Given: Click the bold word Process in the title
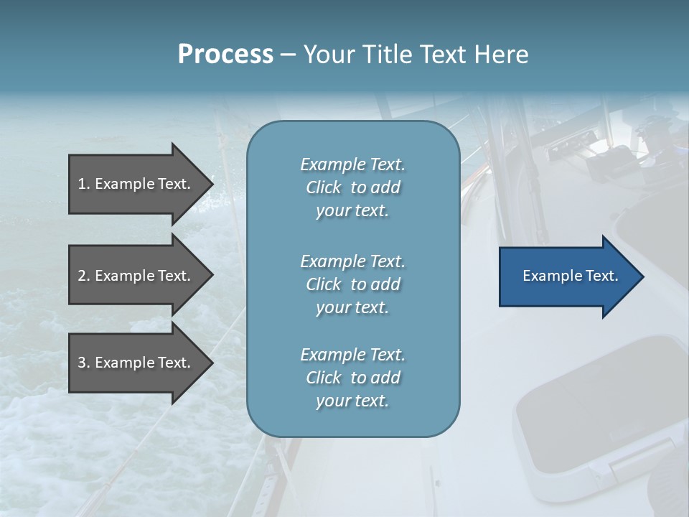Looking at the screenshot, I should (x=225, y=55).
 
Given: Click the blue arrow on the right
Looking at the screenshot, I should (x=567, y=276).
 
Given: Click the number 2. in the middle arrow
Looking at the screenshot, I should (x=84, y=276).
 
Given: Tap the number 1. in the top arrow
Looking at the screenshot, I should (x=84, y=184).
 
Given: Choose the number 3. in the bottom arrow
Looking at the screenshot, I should (x=84, y=363).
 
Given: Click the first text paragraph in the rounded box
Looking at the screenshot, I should (x=352, y=187).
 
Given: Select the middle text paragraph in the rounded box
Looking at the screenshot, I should (x=352, y=284).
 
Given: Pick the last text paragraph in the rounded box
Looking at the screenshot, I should (x=352, y=378).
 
